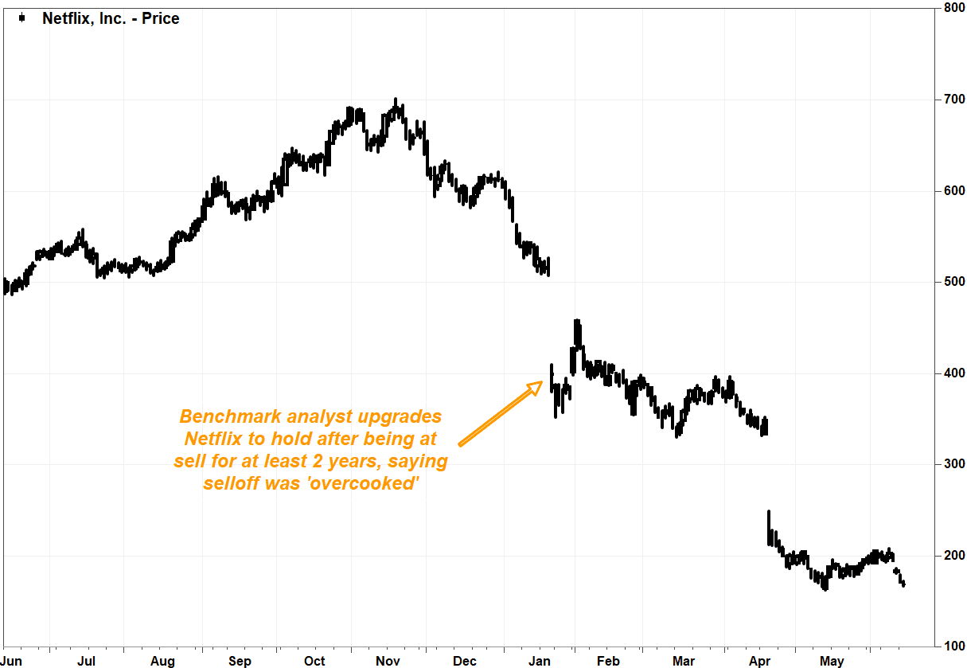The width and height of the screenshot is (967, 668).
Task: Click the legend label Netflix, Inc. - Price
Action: pyautogui.click(x=111, y=18)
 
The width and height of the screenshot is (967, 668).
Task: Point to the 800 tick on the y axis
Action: pyautogui.click(x=953, y=9)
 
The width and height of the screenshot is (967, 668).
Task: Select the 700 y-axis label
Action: pyautogui.click(x=953, y=100)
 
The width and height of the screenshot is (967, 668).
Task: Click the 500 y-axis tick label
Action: pyautogui.click(x=953, y=282)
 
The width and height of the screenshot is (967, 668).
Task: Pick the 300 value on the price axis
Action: pyautogui.click(x=953, y=464)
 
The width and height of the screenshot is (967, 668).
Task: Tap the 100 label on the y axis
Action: pyautogui.click(x=953, y=646)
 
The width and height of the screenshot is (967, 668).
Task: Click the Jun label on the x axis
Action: pyautogui.click(x=12, y=662)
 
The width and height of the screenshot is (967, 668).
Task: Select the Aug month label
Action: pyautogui.click(x=162, y=662)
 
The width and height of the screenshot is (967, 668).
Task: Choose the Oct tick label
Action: pyautogui.click(x=314, y=662)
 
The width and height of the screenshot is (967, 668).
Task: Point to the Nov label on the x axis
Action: pyautogui.click(x=388, y=662)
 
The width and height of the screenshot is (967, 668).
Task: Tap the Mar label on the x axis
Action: pyautogui.click(x=684, y=662)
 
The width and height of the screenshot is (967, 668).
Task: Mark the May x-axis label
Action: pyautogui.click(x=832, y=662)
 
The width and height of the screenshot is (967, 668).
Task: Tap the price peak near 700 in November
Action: pyautogui.click(x=396, y=102)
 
